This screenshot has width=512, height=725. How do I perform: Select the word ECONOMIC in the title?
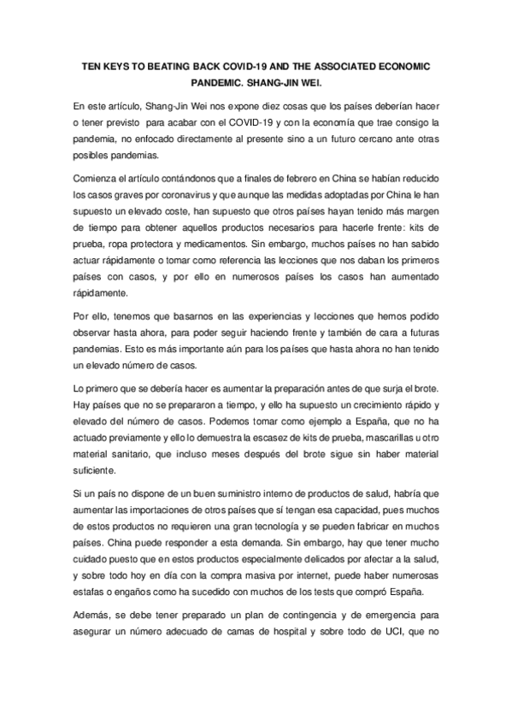404,66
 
